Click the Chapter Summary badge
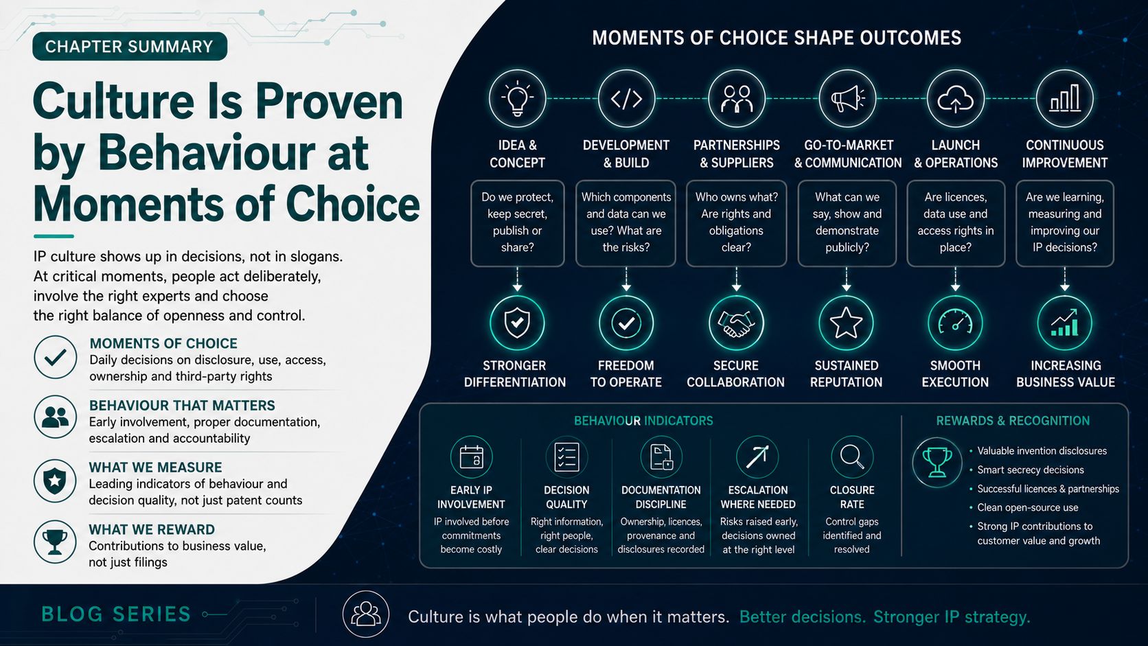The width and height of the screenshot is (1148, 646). (130, 47)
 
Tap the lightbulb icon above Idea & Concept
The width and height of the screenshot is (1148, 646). (517, 98)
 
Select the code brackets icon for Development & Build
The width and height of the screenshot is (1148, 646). (626, 98)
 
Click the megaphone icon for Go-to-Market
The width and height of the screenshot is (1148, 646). (847, 98)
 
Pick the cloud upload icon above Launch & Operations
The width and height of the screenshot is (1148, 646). (955, 98)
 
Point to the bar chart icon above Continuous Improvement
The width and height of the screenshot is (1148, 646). (1064, 98)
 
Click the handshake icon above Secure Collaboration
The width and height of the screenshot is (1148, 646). (736, 323)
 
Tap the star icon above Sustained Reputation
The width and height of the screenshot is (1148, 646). (846, 323)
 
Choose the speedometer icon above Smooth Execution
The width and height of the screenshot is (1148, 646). (955, 323)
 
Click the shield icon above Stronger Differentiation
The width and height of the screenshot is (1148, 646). (517, 323)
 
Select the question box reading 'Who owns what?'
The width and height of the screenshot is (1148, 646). (736, 223)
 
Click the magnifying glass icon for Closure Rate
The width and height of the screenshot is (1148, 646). (852, 457)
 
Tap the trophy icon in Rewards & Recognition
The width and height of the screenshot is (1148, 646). (937, 462)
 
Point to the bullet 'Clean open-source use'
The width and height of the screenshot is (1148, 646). (1028, 507)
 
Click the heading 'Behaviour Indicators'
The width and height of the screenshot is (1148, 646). (643, 421)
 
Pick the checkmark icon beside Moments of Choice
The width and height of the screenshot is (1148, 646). (56, 357)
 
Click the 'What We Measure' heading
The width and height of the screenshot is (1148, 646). (155, 468)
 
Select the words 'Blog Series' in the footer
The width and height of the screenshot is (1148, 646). (116, 614)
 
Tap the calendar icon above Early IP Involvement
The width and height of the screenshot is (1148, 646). (472, 457)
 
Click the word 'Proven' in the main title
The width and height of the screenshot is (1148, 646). (329, 102)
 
